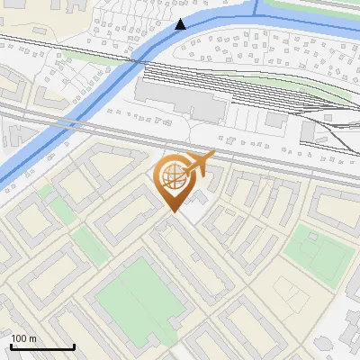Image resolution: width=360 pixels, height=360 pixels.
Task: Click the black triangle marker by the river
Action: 182,24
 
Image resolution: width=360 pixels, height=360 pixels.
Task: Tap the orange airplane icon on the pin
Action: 199,164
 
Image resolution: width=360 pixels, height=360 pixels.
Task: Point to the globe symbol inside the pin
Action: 173,177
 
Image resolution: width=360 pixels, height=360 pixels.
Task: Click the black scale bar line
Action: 42,346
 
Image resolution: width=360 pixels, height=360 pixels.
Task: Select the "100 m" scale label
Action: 23,338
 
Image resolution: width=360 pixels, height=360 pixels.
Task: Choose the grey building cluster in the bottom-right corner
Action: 346,333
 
